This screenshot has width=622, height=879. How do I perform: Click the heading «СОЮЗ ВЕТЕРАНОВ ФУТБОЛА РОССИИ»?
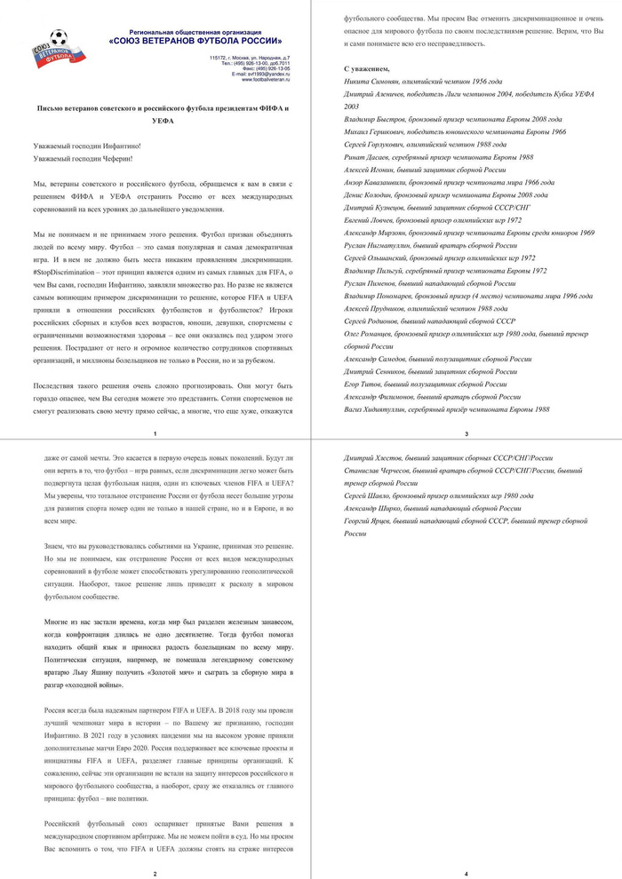(x=196, y=41)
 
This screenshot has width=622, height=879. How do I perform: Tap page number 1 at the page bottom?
(x=155, y=433)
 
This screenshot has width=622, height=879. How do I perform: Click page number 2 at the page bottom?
(x=155, y=873)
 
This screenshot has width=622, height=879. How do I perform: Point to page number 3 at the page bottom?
(x=466, y=433)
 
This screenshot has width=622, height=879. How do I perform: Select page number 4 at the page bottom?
(x=466, y=873)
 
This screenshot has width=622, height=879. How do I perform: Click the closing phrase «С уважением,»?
(x=366, y=68)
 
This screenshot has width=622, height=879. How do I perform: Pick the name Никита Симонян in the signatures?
(x=371, y=81)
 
